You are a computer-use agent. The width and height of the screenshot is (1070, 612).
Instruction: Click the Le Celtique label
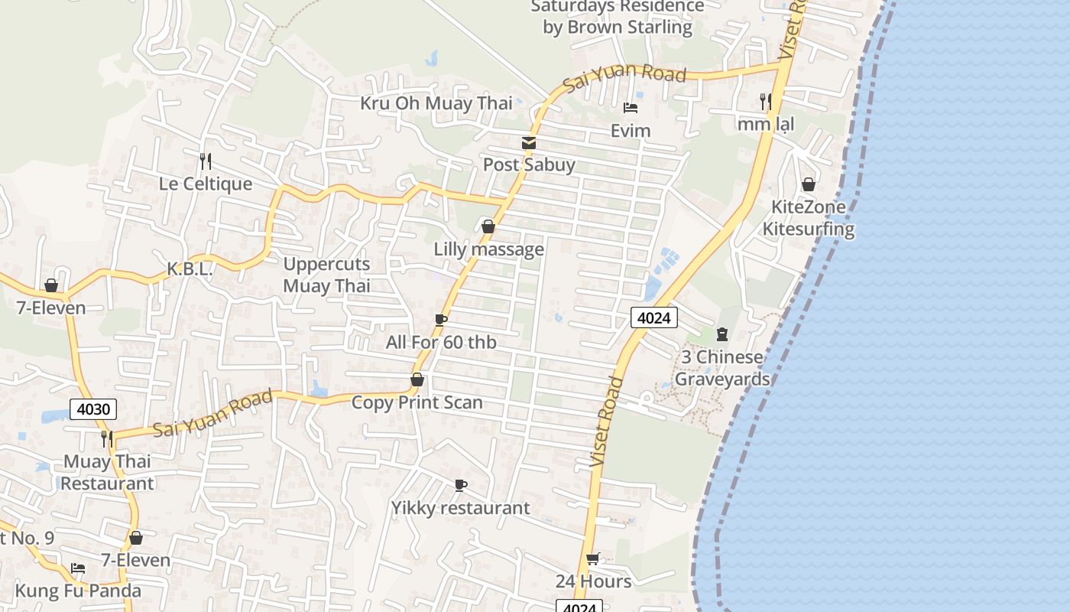tap(205, 184)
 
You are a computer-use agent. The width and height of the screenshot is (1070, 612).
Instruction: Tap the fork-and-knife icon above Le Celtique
tap(205, 161)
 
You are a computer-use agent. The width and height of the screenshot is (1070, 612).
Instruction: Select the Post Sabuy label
tap(529, 164)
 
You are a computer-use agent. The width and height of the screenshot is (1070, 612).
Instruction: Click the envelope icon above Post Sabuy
tap(529, 143)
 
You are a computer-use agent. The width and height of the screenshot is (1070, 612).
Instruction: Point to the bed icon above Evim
tap(631, 108)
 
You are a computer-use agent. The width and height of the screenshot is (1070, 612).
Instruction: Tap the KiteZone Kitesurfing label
tap(809, 218)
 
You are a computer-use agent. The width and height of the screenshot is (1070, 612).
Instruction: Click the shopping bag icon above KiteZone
tap(809, 184)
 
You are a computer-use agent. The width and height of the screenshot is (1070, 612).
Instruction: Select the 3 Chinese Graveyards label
tap(722, 368)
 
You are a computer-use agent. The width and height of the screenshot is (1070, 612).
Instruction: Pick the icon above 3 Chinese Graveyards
tap(722, 334)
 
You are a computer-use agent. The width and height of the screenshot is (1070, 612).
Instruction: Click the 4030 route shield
tap(94, 409)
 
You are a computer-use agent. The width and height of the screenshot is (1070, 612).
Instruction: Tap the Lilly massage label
tap(489, 249)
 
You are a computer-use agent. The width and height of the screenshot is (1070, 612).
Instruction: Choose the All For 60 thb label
tap(441, 342)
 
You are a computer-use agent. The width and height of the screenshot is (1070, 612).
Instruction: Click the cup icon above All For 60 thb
tap(441, 320)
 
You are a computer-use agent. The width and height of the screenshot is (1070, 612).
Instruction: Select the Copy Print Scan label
tap(417, 402)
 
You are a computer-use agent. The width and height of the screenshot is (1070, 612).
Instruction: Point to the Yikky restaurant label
tap(460, 508)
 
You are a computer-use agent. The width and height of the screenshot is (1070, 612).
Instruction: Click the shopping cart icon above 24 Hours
tap(593, 559)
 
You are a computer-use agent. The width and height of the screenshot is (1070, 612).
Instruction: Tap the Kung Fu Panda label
tap(78, 591)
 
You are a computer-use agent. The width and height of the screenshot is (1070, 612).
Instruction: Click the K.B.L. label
tap(190, 269)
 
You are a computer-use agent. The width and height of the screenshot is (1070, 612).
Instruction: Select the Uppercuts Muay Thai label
tap(326, 275)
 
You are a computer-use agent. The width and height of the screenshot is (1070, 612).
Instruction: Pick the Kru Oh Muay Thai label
tap(436, 103)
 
